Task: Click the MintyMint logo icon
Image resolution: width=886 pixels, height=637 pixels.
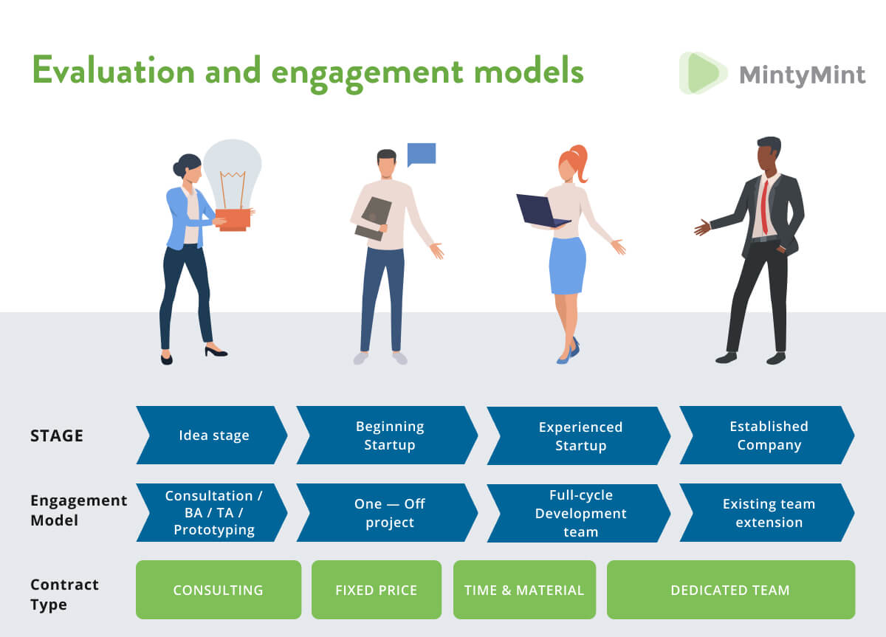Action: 702,73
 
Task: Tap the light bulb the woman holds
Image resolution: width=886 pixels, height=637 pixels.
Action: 233,173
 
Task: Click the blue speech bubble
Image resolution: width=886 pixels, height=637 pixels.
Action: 422,154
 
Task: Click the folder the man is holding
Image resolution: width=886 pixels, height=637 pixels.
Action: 374,218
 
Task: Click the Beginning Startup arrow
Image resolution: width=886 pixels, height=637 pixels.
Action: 388,435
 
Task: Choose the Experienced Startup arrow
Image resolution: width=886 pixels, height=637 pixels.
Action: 580,436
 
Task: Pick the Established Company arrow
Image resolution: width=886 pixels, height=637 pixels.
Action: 768,435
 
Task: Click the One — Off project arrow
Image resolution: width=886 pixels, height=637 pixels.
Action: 388,513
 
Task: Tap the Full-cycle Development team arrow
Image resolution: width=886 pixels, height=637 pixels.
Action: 580,513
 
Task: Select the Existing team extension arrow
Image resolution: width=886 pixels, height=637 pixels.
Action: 768,513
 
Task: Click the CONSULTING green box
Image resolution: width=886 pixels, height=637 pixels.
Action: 218,590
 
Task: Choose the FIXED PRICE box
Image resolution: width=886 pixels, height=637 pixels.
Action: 377,590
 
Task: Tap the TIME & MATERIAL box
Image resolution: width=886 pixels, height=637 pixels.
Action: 524,590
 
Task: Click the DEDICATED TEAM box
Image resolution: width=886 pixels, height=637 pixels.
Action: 730,590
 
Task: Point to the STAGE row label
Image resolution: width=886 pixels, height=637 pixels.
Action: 57,435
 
